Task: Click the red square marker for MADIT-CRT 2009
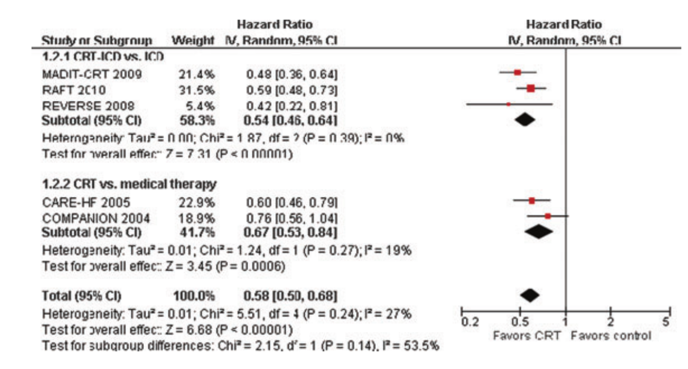[x=517, y=72]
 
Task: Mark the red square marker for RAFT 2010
[x=531, y=88]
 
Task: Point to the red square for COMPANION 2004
[x=548, y=216]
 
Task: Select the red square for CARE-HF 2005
[x=532, y=201]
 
